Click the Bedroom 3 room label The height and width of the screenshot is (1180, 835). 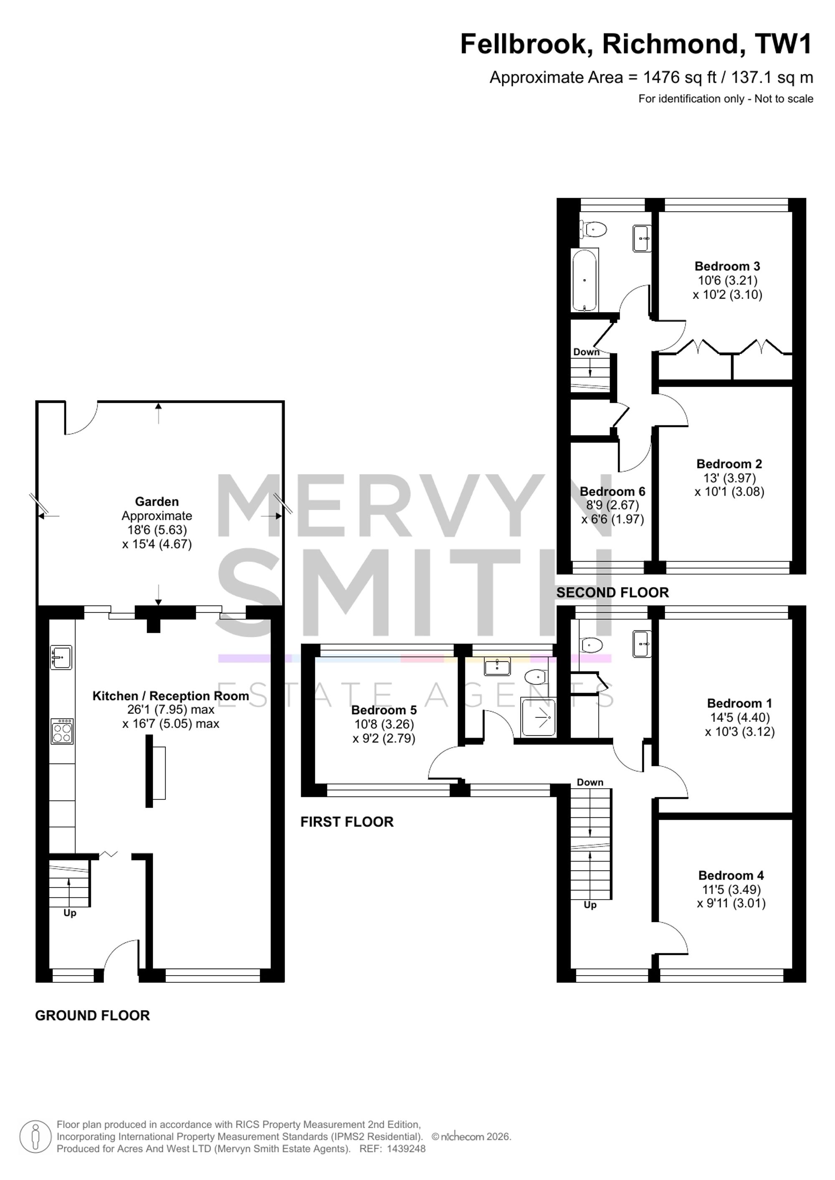(727, 266)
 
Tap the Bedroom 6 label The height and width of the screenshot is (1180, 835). (612, 492)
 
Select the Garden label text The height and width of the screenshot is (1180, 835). (157, 502)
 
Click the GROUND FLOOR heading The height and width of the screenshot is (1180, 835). (93, 1016)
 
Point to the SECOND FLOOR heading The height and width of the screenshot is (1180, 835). (612, 593)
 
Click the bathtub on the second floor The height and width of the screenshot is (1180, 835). (585, 280)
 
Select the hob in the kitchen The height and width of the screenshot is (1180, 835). (62, 731)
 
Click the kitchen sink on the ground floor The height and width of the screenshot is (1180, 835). (61, 657)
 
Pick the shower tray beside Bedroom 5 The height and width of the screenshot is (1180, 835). (538, 717)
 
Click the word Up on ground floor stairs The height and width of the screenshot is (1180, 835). (70, 913)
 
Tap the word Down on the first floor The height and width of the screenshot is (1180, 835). (590, 782)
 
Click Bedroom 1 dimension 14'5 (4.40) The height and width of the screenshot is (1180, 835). (739, 717)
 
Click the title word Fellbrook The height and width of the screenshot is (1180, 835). (526, 44)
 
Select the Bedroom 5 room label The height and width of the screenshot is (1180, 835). (384, 710)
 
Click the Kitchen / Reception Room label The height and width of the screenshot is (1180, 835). (171, 696)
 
